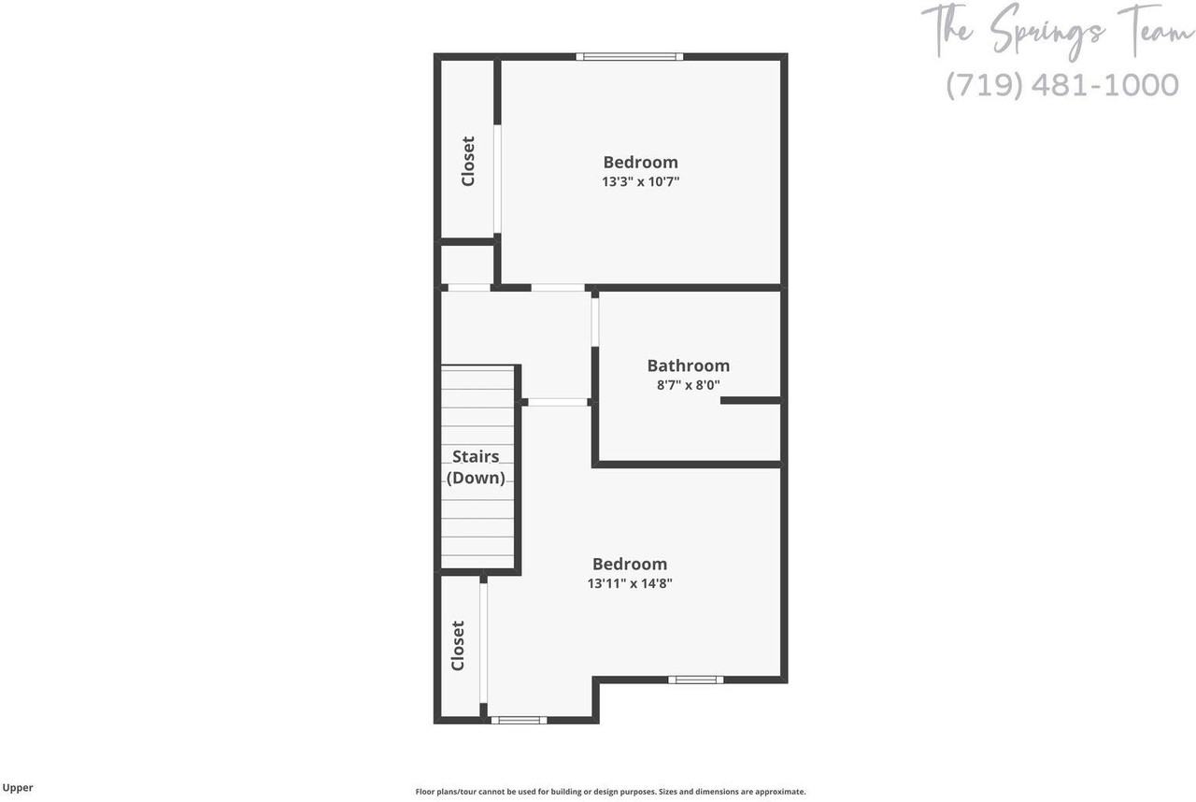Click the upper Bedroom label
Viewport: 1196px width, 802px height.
point(640,162)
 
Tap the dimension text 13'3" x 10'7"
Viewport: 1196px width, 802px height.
point(640,181)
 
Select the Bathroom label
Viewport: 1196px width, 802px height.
point(688,365)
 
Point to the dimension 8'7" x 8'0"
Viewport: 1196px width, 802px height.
point(688,384)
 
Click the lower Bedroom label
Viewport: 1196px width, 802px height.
point(630,564)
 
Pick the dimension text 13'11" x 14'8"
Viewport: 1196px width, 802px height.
point(630,583)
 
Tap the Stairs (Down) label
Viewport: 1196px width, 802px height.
point(476,466)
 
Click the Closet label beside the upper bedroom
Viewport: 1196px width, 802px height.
point(468,161)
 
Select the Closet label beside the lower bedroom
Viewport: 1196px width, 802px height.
point(458,645)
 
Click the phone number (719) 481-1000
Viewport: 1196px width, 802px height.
point(1061,85)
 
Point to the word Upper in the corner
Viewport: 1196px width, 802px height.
point(18,788)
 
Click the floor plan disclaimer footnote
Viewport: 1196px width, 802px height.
point(610,792)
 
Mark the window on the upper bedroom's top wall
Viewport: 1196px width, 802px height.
point(629,57)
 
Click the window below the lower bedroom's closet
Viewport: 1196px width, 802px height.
point(519,720)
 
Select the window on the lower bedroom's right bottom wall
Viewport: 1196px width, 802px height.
point(695,680)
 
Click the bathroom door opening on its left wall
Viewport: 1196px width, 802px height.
point(595,322)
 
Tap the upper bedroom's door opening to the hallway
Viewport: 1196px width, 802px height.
point(558,288)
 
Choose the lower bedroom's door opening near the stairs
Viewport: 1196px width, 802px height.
point(558,402)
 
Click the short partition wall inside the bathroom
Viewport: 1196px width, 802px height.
point(750,400)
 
